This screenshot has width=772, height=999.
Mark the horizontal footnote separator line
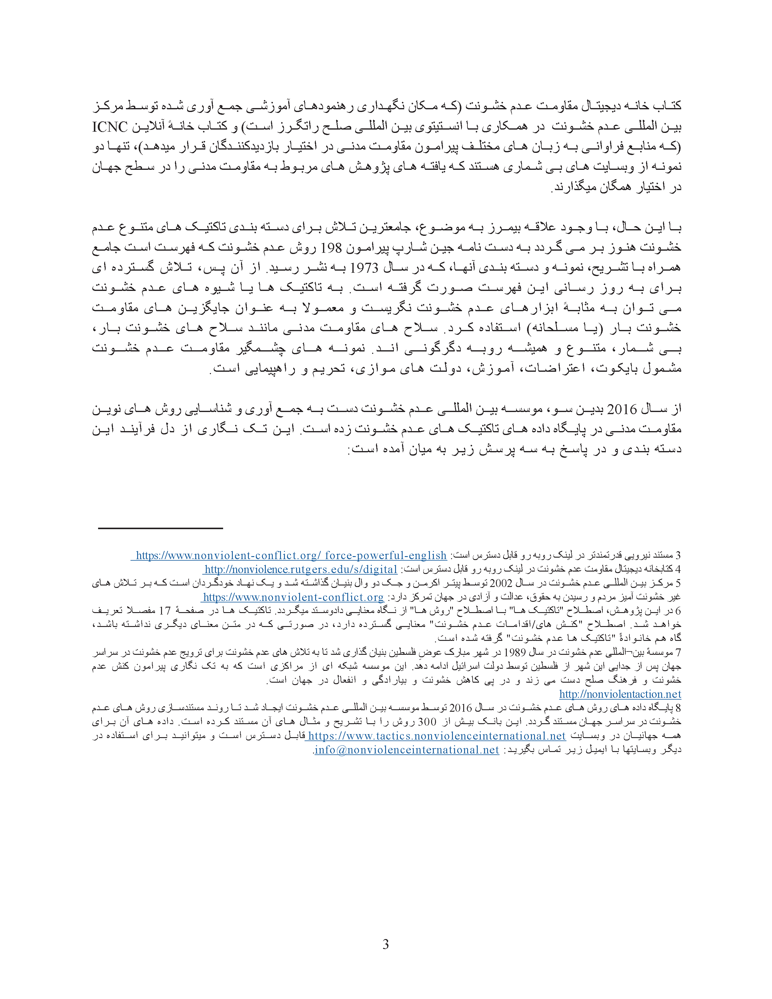[160, 528]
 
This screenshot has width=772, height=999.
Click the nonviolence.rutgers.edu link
[301, 569]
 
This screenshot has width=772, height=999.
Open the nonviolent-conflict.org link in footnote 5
[293, 597]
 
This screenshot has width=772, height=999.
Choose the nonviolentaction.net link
[620, 694]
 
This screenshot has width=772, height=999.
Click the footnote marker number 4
[678, 569]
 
